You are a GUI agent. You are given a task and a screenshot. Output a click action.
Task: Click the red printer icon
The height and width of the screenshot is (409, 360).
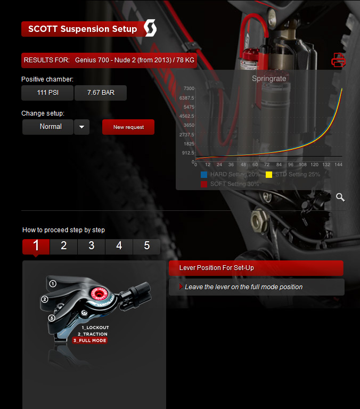tap(338, 60)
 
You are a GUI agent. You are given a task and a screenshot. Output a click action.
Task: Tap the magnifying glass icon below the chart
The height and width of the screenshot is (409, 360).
tap(340, 197)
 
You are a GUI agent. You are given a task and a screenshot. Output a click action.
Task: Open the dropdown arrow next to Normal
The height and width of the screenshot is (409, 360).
tap(81, 127)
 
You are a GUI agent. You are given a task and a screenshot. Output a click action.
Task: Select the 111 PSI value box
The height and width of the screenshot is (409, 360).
tap(47, 93)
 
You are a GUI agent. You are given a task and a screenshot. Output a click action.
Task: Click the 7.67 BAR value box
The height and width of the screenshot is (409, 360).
tap(100, 93)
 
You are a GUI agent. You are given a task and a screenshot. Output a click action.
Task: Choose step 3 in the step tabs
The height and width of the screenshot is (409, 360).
tap(92, 246)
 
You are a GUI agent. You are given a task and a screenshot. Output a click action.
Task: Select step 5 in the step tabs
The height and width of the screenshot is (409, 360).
tap(146, 246)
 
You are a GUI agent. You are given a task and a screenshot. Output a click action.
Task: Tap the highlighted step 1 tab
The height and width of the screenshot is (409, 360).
tap(36, 246)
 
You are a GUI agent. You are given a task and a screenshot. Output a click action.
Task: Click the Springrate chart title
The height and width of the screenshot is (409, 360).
tap(269, 78)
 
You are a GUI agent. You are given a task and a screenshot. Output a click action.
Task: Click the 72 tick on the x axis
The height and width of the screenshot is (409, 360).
tap(266, 165)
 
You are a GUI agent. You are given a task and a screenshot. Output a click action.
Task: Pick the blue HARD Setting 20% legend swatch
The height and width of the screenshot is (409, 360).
tap(204, 174)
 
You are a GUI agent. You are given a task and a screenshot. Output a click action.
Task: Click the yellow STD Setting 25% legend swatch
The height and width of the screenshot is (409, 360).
tap(269, 174)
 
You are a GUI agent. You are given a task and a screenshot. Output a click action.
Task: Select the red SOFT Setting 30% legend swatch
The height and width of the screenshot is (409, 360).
tap(204, 184)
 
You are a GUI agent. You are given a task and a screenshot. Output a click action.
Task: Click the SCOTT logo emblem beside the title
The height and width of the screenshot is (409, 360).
tap(150, 29)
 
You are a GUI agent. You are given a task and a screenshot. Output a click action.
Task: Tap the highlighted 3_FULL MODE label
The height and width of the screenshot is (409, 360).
tap(90, 340)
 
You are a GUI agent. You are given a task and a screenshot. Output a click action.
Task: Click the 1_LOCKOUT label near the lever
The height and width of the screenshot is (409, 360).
tap(95, 328)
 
